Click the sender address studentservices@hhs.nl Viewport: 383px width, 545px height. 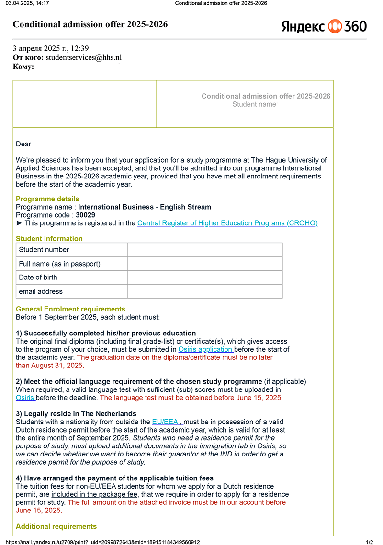click(83, 57)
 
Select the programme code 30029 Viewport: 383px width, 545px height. click(85, 215)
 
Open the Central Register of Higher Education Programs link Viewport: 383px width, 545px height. click(227, 223)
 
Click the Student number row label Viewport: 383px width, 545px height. click(44, 250)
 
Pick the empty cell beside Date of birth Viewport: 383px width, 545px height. click(205, 278)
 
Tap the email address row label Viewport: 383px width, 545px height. click(41, 291)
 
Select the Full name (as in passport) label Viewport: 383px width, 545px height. click(59, 264)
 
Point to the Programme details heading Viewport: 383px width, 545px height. click(47, 199)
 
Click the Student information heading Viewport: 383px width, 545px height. click(49, 239)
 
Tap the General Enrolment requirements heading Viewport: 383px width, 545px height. click(70, 309)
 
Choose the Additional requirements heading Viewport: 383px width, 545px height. click(56, 526)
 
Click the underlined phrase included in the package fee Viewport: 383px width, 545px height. click(95, 494)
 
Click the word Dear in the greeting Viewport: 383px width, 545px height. click(23, 144)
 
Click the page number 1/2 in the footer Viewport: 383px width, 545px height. click(369, 542)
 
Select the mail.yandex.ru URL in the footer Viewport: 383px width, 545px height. click(102, 542)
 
